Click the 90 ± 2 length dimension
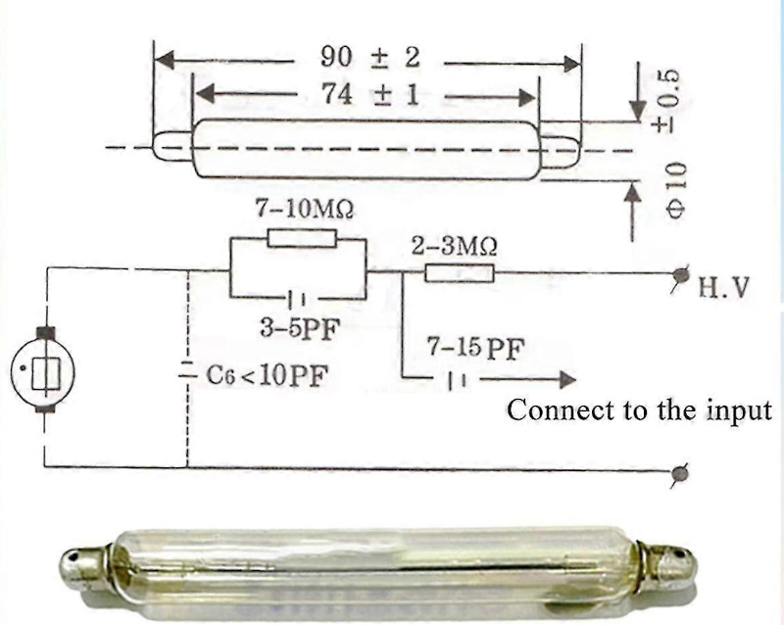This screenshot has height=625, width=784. coord(370,57)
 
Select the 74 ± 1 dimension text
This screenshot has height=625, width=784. coord(370,94)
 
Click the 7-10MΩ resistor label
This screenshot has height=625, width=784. coord(305,208)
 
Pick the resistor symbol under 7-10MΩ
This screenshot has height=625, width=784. coord(302,238)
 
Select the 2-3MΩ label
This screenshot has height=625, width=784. coord(454,246)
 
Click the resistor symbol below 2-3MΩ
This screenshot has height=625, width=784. coord(459,273)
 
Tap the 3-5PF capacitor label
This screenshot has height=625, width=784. coord(300,329)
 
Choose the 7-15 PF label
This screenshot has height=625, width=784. coord(475,349)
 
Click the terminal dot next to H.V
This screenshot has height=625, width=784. coord(680,274)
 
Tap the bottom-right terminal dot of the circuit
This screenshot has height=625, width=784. coord(679,472)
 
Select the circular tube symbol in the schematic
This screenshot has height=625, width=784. coord(43,370)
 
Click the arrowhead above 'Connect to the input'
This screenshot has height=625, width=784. coord(567,380)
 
